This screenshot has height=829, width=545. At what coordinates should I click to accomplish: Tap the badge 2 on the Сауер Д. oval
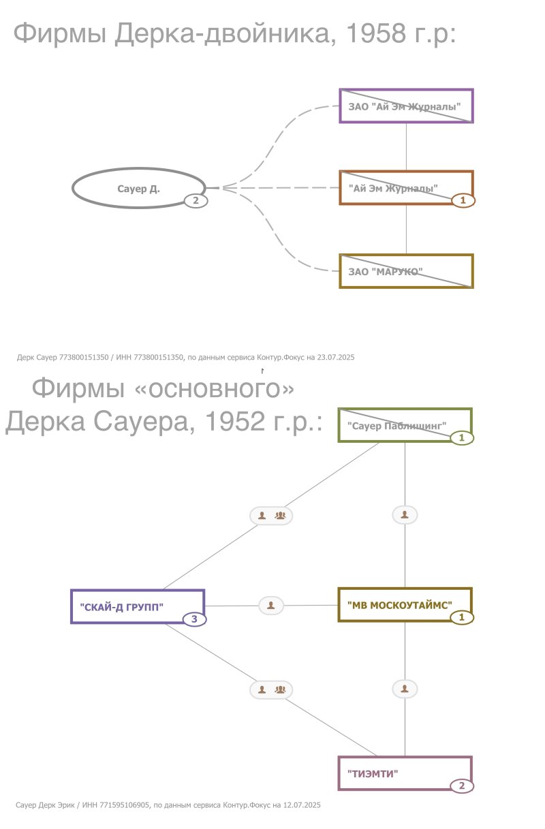coord(196,200)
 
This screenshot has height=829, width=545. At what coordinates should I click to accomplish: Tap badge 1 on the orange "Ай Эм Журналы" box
coord(463,200)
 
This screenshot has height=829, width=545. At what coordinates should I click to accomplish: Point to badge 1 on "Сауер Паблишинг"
coord(462,438)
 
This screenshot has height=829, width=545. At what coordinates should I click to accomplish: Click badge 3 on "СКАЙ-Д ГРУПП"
coord(194,619)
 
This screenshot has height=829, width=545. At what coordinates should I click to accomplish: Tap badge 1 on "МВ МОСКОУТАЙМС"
coord(462,617)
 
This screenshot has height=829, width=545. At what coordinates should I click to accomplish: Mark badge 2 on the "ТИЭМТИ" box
coord(462,786)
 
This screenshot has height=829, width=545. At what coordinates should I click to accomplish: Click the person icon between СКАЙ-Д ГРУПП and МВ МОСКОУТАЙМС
coord(271,606)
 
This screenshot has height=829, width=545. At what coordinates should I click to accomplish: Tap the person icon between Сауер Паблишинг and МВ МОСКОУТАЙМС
coord(405,514)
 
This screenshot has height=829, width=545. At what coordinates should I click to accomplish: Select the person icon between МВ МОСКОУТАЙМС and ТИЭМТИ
coord(405,689)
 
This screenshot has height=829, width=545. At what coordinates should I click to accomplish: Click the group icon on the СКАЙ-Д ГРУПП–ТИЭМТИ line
coord(280,689)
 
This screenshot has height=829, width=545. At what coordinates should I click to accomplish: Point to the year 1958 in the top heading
coord(375,33)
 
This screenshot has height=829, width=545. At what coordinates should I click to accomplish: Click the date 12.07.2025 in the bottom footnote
coord(302,805)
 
